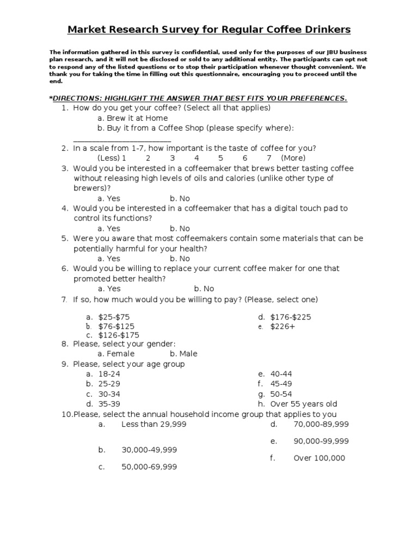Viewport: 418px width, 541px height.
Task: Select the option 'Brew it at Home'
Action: pos(132,118)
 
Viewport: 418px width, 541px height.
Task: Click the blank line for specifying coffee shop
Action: pos(121,140)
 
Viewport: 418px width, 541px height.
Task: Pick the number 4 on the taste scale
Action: pos(196,158)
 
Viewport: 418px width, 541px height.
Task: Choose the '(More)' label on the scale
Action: pos(293,158)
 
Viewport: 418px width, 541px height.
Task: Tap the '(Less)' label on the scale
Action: pos(109,158)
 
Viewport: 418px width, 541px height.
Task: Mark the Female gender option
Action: pos(116,354)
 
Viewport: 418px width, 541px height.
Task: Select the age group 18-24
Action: pos(109,374)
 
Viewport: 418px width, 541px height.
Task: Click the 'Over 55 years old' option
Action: pos(303,404)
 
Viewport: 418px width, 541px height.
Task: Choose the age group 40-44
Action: pos(281,374)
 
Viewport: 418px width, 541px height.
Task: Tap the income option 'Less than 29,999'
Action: pos(153,424)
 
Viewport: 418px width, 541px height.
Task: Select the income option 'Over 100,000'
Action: pos(319,458)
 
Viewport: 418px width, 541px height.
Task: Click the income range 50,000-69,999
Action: pos(149,467)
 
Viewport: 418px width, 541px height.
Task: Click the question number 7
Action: pos(64,300)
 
